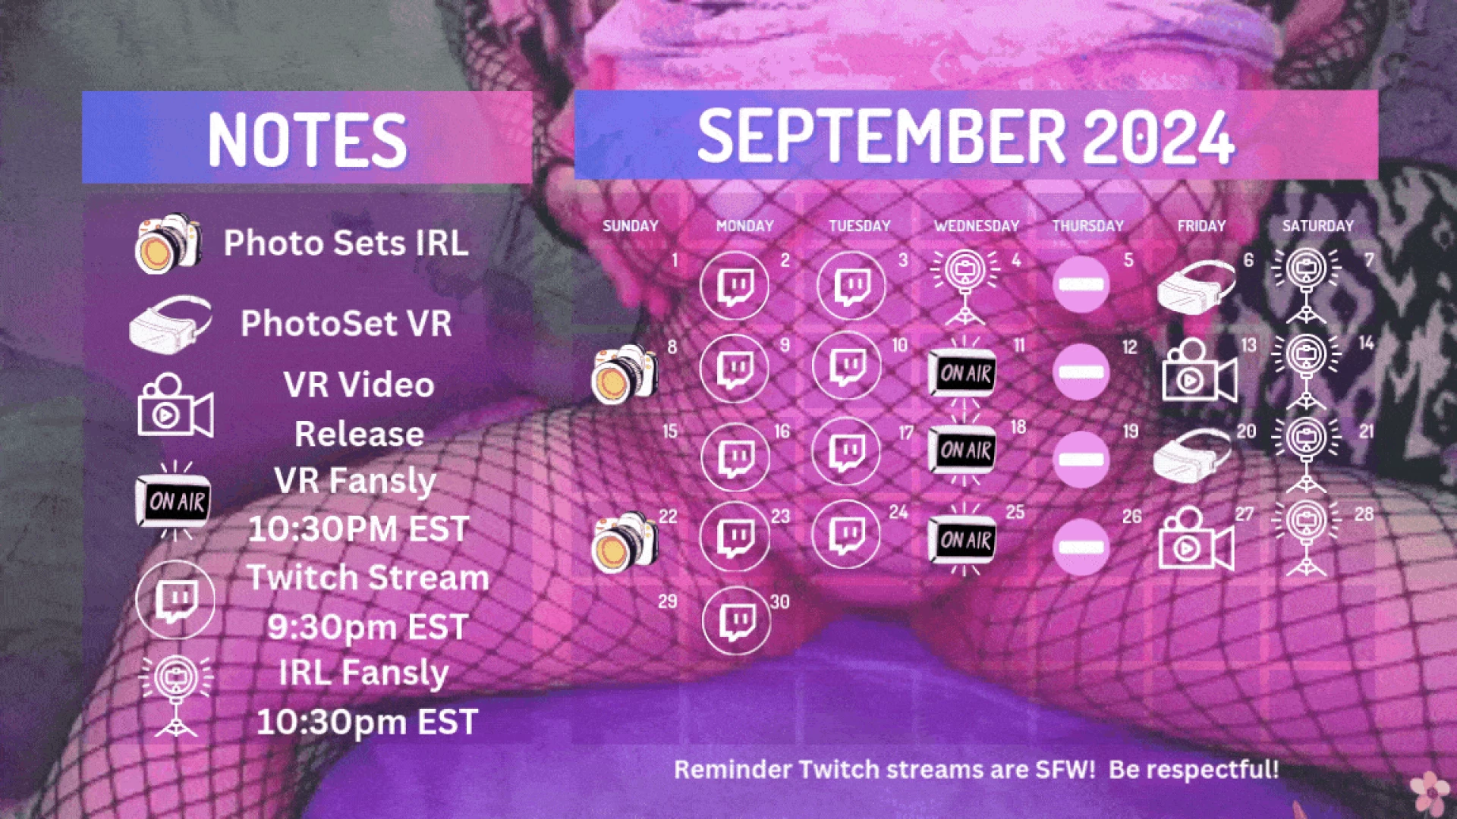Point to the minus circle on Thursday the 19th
1081,460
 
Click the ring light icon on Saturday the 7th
1306,284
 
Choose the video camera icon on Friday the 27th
1195,541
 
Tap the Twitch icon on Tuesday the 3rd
851,286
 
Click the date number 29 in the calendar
667,602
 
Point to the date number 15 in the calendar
669,431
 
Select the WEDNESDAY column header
976,226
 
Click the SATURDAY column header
1317,226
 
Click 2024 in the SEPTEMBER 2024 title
1158,136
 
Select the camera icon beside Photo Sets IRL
168,243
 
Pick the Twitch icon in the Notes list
175,600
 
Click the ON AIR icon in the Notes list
174,501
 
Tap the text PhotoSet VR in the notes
346,324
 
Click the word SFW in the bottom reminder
1065,770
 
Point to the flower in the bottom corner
1430,792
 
